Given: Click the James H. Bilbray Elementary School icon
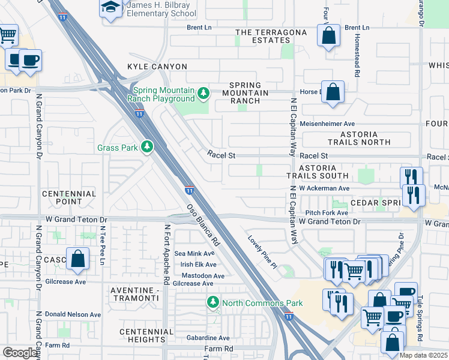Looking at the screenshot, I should click(110, 8).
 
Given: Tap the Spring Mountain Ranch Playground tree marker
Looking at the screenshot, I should click(203, 92).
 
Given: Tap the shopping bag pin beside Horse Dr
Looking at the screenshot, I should click(333, 92).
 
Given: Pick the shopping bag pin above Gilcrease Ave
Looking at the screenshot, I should click(77, 259).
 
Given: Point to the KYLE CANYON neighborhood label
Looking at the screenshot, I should click(151, 66).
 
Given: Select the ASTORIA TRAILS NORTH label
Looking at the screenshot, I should click(360, 138).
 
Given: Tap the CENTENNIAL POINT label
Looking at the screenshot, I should click(69, 198).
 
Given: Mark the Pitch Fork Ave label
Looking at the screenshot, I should click(327, 213).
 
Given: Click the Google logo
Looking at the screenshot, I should click(20, 353).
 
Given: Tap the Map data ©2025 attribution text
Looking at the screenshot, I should click(423, 355).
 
